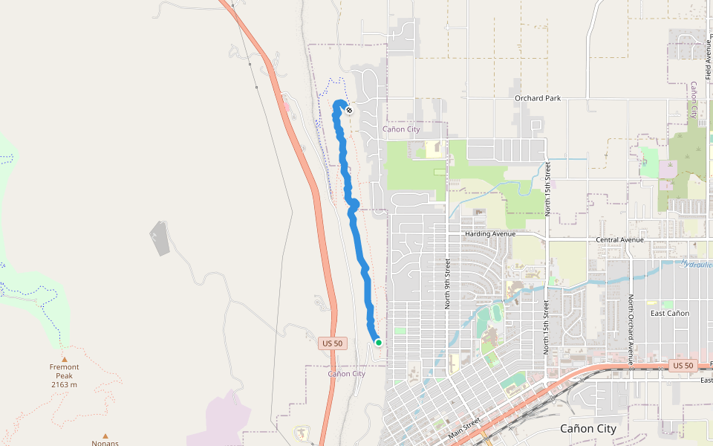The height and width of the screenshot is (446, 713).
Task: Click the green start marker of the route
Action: click(378, 343)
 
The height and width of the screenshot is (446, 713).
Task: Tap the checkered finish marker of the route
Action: click(349, 110)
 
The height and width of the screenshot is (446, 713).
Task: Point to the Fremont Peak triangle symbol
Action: click(64, 359)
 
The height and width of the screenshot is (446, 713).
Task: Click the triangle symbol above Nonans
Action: click(105, 436)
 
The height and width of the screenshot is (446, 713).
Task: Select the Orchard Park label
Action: click(538, 98)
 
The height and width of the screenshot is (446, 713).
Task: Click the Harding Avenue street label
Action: click(489, 233)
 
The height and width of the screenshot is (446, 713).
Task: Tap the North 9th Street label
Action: click(448, 283)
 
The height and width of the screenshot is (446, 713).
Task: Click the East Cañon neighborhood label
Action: click(669, 313)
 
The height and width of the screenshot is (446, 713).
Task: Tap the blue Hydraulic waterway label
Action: click(696, 264)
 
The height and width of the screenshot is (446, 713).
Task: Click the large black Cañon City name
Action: click(587, 429)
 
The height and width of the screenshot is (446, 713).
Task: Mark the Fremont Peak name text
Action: click(64, 367)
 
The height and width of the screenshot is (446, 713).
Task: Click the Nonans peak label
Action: click(105, 443)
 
